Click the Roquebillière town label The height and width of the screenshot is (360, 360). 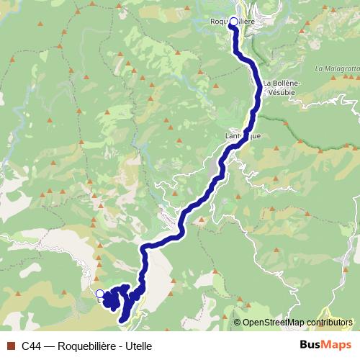click(x=231, y=22)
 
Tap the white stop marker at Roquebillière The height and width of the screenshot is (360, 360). click(x=233, y=22)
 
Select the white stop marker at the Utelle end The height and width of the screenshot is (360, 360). click(x=99, y=293)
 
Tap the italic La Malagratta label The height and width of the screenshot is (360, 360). click(x=336, y=68)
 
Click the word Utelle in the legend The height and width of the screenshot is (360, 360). click(x=138, y=346)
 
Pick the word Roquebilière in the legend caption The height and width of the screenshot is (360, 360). click(x=87, y=346)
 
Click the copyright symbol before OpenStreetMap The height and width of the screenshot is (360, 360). click(x=237, y=322)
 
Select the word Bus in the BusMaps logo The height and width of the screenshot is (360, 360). click(x=311, y=345)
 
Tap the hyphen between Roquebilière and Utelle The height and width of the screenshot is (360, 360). click(x=120, y=346)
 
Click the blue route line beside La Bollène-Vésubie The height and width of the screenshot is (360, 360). click(x=257, y=90)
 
